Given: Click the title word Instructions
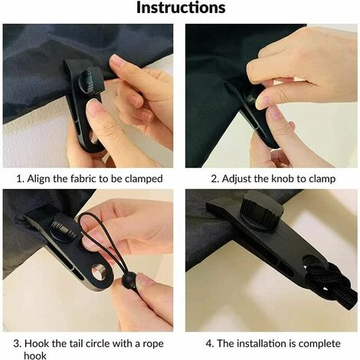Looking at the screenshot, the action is click(181, 8).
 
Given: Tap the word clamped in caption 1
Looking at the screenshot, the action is click(144, 178).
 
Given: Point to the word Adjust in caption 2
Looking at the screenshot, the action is click(237, 179).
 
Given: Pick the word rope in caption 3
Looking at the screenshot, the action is click(153, 345).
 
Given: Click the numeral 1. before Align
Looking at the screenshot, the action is click(20, 178).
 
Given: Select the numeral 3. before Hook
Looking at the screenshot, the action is click(18, 344).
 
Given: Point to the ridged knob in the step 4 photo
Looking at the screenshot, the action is click(262, 212).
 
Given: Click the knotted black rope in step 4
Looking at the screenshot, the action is click(329, 281).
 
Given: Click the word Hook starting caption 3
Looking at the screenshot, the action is click(37, 343).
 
